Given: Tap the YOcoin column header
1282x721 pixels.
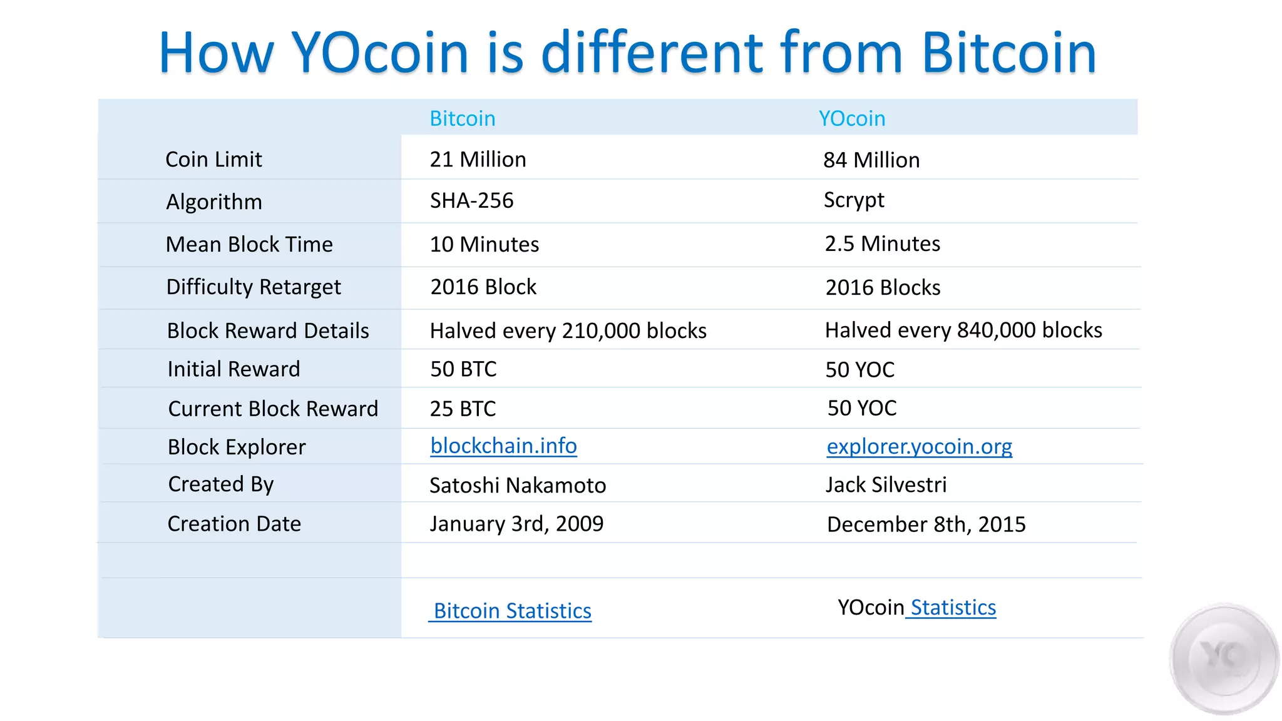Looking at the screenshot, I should tap(852, 118).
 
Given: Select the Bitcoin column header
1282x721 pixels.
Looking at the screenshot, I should tap(462, 118).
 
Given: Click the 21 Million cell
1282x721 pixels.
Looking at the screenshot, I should tap(478, 160).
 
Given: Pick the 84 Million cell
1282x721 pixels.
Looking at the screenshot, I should tap(871, 160).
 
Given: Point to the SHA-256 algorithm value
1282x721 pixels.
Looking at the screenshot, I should tap(471, 200).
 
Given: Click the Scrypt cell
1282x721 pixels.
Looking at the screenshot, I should tap(854, 200).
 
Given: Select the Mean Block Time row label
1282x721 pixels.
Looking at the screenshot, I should tap(249, 244).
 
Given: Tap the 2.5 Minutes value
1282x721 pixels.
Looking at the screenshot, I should tap(882, 243).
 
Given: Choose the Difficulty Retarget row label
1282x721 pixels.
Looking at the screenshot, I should tap(254, 287).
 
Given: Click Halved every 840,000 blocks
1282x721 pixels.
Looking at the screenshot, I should tap(963, 330).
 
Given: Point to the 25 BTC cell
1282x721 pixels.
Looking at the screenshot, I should tap(463, 409).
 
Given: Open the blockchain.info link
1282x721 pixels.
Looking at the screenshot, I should tap(503, 446).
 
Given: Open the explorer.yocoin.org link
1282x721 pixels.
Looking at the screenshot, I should tap(919, 446).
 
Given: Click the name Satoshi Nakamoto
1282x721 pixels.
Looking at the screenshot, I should tap(518, 485).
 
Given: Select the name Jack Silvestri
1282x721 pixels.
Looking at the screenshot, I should tap(886, 484).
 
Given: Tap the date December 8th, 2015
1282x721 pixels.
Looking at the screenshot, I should tap(926, 524).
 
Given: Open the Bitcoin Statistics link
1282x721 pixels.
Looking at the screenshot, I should tap(511, 611).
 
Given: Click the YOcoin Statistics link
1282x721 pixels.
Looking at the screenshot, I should tap(952, 608).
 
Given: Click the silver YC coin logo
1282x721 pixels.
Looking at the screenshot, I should tap(1224, 658).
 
